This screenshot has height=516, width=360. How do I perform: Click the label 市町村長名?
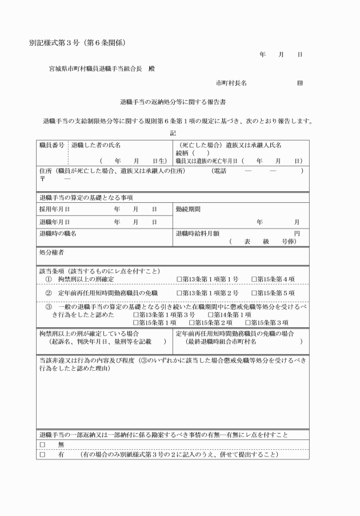pos(231,83)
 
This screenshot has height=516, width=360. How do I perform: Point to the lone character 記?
pos(173,133)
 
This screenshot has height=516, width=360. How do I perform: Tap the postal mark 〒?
pos(42,179)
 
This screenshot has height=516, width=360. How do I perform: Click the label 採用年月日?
pos(54,209)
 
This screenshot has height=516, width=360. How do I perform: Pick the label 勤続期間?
pos(189,209)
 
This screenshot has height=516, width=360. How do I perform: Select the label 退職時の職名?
pos(58,233)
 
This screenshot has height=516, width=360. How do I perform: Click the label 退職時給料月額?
pos(198,233)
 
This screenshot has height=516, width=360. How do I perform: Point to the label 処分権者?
pos(51,252)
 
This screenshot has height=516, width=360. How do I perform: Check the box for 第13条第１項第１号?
pos(179,279)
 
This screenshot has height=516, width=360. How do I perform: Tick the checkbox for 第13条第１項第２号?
pos(179,293)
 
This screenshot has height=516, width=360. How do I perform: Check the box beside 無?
pos(42,444)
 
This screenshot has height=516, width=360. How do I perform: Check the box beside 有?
pos(42,455)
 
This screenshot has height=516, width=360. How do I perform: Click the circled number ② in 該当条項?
pos(49,293)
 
